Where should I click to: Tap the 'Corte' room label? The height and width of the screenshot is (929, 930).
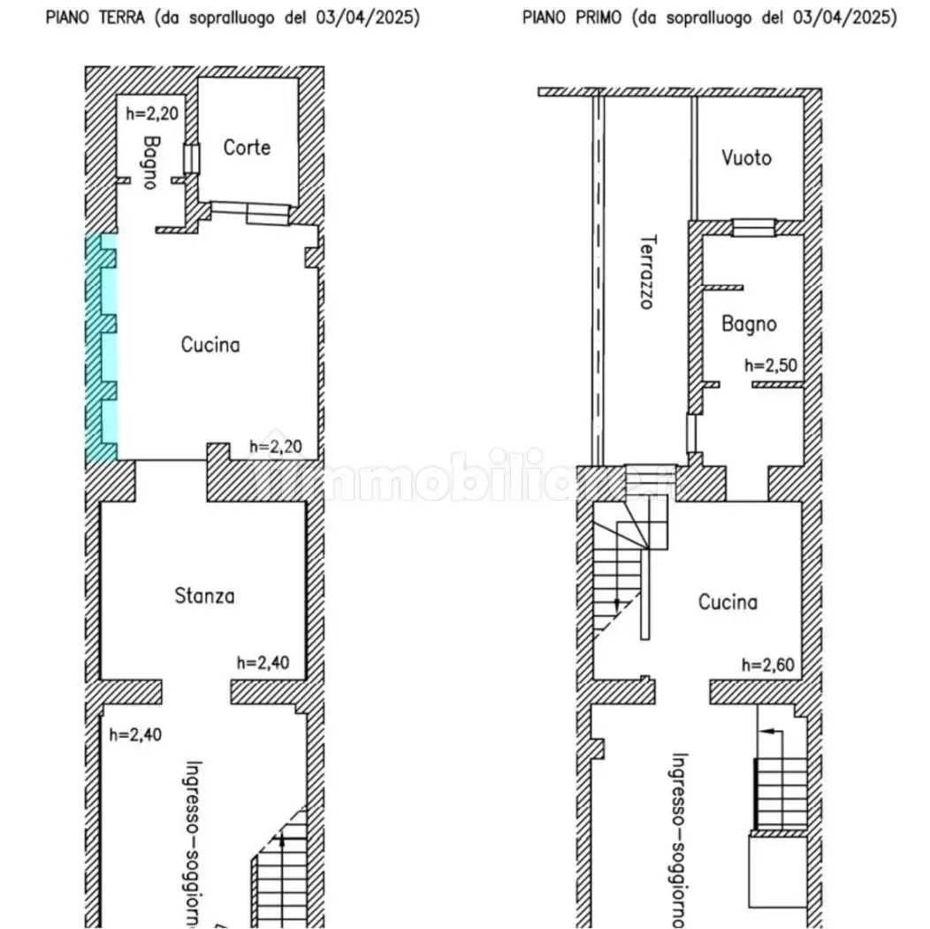(247, 148)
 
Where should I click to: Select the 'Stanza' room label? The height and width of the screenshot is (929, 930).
(204, 596)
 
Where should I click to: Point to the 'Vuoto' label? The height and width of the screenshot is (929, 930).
(746, 158)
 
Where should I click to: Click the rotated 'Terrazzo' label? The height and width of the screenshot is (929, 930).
(648, 271)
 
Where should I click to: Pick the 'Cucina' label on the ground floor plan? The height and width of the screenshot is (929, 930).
(210, 344)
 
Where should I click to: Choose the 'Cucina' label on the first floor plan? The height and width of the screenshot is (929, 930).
(728, 603)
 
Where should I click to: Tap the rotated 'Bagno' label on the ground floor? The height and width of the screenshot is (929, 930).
(151, 161)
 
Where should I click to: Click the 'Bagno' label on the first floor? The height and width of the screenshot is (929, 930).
(749, 324)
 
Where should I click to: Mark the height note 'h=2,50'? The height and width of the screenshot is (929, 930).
(772, 365)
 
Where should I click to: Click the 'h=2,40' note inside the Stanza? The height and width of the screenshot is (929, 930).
(263, 662)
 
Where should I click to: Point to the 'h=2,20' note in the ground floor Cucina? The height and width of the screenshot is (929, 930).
(277, 447)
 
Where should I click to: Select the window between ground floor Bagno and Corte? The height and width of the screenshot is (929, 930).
(192, 157)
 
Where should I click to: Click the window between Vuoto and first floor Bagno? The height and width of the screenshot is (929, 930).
(754, 227)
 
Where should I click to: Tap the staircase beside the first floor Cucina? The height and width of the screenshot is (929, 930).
(626, 566)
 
